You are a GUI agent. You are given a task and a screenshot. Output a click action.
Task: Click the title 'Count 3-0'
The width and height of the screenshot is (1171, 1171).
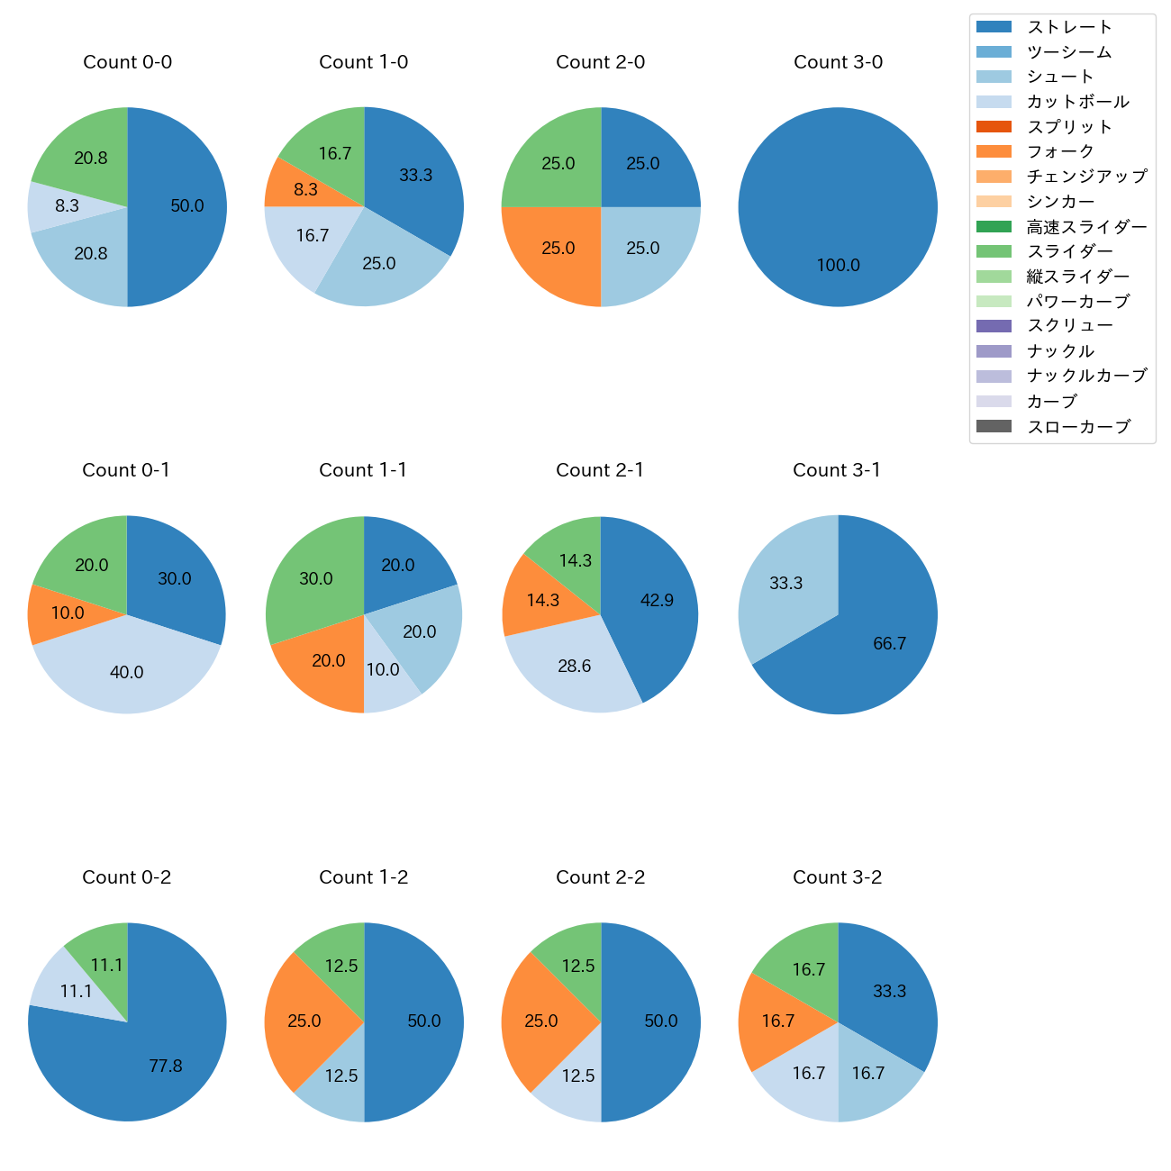tap(838, 62)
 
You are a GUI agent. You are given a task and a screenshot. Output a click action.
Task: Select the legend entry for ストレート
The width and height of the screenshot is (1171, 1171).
tap(1069, 27)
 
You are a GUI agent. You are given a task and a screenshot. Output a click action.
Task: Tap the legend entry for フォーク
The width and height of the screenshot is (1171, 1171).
tap(1060, 151)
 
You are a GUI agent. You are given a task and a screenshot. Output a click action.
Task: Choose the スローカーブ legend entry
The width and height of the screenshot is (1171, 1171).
tap(1078, 427)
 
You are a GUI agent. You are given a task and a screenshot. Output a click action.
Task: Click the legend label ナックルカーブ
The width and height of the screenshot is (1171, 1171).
tap(1086, 377)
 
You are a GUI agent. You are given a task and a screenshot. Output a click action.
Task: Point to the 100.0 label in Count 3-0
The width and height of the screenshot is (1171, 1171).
tap(838, 266)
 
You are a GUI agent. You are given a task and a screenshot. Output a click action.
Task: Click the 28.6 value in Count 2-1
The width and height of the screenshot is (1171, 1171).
tap(575, 667)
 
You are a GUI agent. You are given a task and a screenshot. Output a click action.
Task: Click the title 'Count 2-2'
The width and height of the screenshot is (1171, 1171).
tap(601, 877)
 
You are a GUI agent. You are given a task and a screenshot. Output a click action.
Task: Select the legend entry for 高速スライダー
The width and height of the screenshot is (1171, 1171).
tap(1086, 227)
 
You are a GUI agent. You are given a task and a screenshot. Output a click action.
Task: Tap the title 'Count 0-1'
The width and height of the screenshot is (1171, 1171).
tap(126, 470)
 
